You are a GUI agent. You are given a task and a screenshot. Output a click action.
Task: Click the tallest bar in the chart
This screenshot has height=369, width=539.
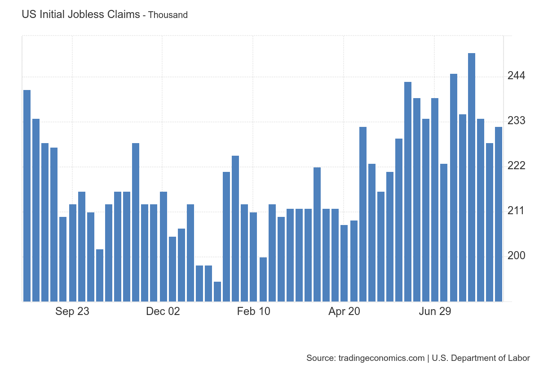(x=472, y=177)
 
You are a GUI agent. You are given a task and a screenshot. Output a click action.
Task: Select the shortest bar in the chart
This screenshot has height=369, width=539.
(x=217, y=292)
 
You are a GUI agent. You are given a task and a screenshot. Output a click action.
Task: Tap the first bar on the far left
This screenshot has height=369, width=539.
(x=27, y=196)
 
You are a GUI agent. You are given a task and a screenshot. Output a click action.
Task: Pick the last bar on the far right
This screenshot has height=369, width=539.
(x=499, y=214)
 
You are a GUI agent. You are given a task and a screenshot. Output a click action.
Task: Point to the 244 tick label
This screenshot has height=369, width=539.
(x=517, y=76)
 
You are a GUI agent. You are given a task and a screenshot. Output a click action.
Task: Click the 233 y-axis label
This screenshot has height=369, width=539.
(x=517, y=121)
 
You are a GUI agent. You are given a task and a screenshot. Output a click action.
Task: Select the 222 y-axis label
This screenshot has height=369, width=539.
(x=517, y=166)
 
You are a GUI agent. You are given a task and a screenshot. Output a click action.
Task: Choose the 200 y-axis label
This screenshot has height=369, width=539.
(x=517, y=256)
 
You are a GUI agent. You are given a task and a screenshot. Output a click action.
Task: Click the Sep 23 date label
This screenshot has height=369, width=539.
(x=72, y=311)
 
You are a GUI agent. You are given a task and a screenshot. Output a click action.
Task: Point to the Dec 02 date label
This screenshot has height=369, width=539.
(x=163, y=311)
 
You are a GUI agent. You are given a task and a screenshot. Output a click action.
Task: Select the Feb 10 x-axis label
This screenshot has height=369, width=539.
(x=254, y=311)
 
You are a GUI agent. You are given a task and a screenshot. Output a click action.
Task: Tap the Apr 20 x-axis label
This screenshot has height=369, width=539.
(x=344, y=311)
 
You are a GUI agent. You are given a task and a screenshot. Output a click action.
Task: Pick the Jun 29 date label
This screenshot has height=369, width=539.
(x=435, y=311)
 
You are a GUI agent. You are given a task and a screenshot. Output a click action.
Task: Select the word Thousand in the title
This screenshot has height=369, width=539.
(x=168, y=15)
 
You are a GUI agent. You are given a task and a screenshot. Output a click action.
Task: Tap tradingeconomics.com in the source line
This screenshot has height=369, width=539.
(x=381, y=358)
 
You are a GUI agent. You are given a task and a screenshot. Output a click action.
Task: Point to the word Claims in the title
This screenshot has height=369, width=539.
(x=124, y=14)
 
